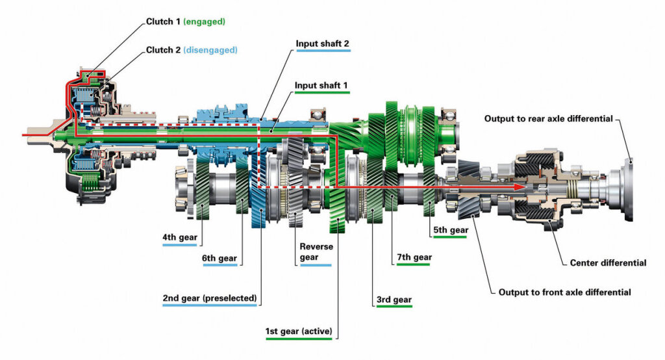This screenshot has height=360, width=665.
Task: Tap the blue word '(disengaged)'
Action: [210, 50]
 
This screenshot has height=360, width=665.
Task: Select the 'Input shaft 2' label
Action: [322, 44]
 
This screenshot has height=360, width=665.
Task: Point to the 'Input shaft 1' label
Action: [321, 85]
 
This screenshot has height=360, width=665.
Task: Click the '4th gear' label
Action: [180, 237]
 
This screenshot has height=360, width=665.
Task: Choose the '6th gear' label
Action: [220, 258]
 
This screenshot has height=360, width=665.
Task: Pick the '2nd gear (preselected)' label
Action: [210, 298]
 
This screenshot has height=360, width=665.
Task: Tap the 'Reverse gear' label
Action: [316, 251]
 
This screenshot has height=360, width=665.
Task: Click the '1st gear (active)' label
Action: [299, 331]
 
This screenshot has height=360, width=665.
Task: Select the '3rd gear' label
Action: [394, 300]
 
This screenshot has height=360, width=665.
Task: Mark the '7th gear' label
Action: [414, 257]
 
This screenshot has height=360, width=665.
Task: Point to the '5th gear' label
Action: [451, 230]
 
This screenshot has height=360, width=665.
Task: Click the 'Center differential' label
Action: [608, 263]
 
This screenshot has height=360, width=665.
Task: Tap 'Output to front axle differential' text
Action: [564, 292]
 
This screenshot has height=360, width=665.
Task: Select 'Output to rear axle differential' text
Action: [548, 118]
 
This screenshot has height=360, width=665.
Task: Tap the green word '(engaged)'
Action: [204, 21]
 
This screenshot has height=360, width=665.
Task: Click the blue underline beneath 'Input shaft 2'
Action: [323, 51]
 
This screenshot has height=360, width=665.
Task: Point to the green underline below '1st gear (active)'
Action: [299, 339]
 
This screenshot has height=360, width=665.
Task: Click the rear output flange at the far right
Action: [629, 190]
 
